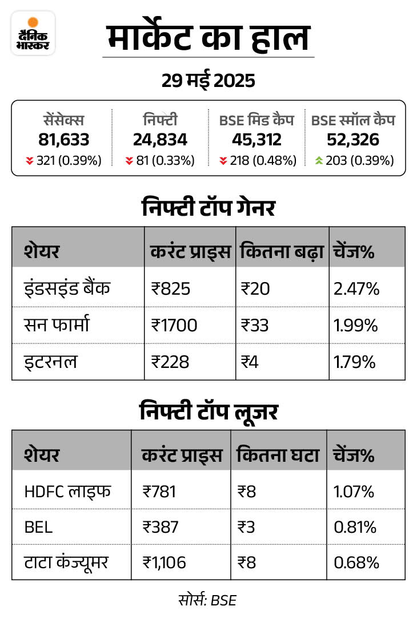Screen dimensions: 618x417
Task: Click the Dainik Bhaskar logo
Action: (33, 33)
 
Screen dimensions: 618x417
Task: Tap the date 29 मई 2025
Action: (208, 81)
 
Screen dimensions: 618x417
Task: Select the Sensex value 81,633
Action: (64, 139)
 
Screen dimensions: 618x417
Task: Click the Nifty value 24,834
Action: (160, 139)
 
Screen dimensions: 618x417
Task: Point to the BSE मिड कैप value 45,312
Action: (256, 139)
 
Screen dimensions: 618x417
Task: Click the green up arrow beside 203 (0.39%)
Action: (319, 161)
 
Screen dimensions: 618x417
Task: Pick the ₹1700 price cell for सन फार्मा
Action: (174, 326)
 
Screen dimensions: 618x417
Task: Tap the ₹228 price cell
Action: (170, 362)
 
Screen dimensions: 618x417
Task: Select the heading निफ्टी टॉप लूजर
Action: (208, 411)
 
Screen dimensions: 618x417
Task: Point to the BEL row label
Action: (38, 526)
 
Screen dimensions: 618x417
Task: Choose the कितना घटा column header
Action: (278, 455)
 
